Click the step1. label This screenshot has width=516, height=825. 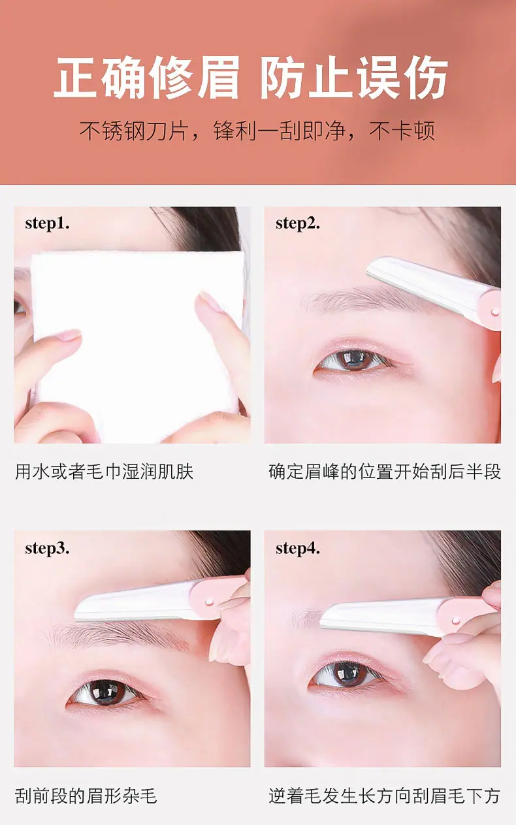(x=48, y=224)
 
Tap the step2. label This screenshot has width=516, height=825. (x=298, y=224)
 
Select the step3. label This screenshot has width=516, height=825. (x=48, y=549)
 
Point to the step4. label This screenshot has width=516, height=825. (x=298, y=549)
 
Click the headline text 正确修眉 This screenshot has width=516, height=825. (x=147, y=77)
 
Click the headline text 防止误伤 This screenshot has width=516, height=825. (x=354, y=77)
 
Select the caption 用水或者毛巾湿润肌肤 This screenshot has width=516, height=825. (x=105, y=472)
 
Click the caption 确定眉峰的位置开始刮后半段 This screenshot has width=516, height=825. (x=385, y=472)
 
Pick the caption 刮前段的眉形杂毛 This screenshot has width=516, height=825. (x=86, y=796)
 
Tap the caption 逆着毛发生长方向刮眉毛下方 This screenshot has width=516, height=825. (x=385, y=796)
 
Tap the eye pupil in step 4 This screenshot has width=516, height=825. (x=347, y=673)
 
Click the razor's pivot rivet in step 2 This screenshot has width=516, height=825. (x=495, y=313)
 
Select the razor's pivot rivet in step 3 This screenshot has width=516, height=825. (x=209, y=602)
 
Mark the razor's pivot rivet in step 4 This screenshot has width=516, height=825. (x=456, y=621)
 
